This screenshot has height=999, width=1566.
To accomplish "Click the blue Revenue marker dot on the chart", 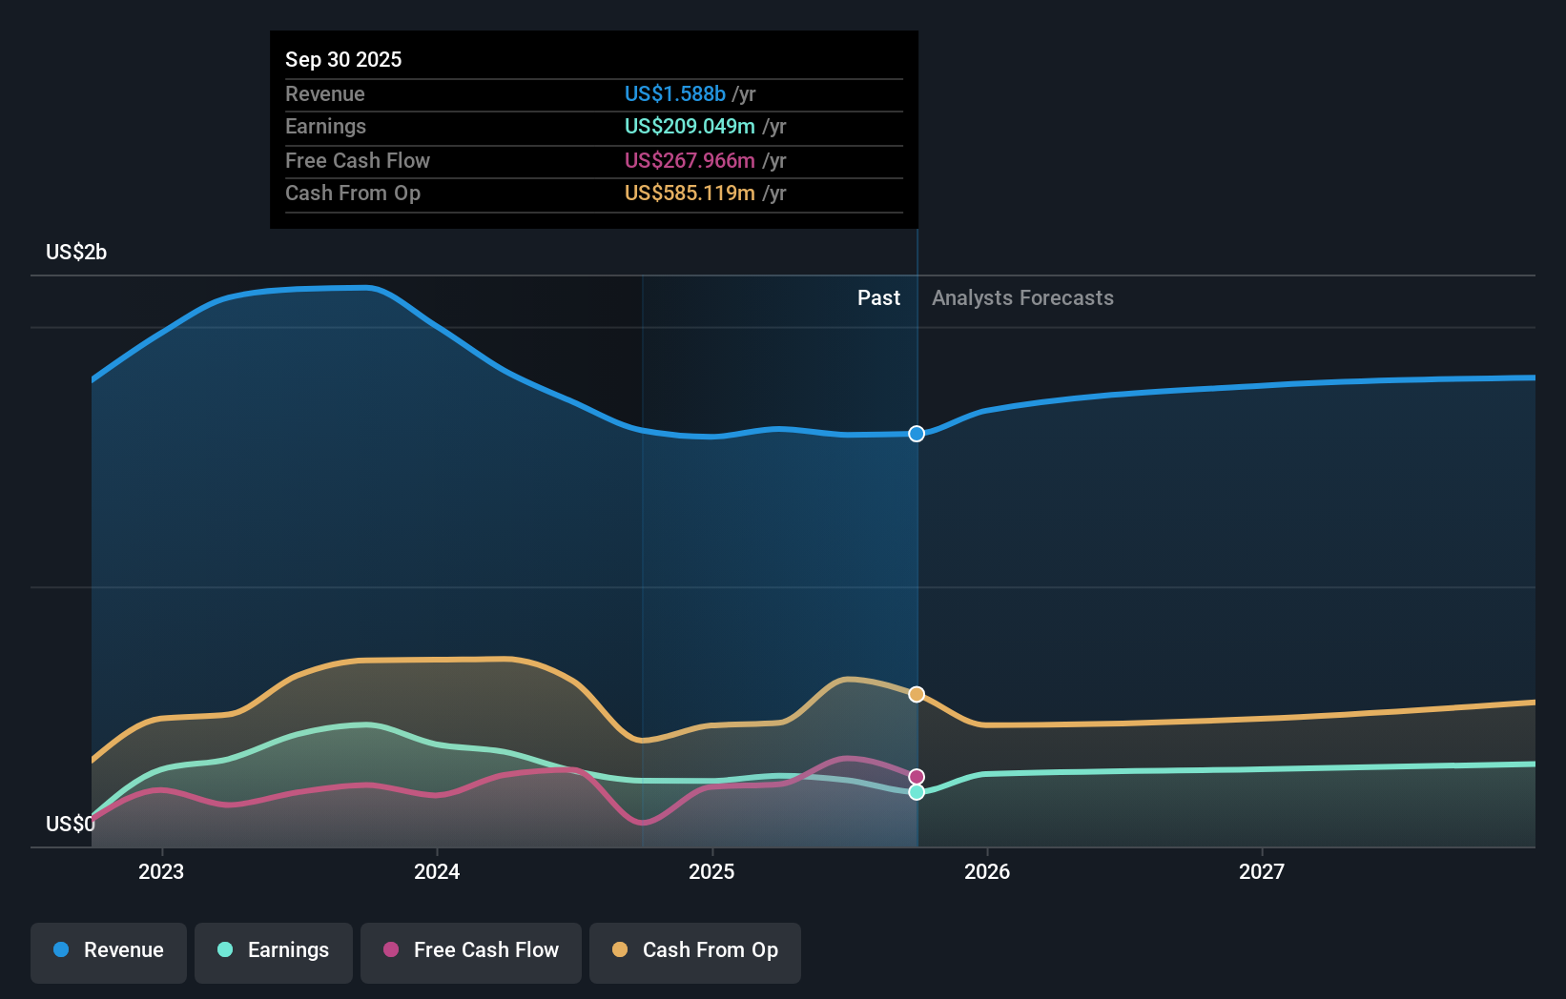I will [x=917, y=434].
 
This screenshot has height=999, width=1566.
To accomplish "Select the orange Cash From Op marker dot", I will [x=917, y=694].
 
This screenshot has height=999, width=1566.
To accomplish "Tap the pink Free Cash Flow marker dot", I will [x=917, y=777].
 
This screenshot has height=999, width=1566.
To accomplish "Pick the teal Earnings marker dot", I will [x=917, y=792].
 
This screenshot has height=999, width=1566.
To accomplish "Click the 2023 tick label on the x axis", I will [x=161, y=871].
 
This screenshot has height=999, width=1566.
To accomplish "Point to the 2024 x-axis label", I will [x=437, y=871].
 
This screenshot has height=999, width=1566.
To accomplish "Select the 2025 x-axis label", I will [x=711, y=871].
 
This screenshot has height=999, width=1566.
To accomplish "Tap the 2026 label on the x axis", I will [x=987, y=871].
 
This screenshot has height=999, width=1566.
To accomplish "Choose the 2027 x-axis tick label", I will [x=1262, y=871].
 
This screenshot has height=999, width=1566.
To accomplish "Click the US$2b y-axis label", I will [x=76, y=252].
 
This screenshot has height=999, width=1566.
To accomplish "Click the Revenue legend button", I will [x=109, y=950].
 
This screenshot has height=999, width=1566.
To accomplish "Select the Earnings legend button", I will [x=274, y=950].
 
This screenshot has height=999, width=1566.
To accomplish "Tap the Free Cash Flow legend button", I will [x=471, y=950].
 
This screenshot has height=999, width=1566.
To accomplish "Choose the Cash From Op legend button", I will [x=695, y=950].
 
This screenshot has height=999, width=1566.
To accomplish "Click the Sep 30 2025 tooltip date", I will [x=343, y=59].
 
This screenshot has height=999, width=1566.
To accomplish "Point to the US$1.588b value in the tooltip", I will [x=675, y=93].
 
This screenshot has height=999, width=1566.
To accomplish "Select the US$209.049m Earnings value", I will [x=690, y=126].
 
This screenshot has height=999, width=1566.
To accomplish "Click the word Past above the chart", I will [x=878, y=297].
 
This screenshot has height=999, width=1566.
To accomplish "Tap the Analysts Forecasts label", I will [x=1022, y=297].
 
